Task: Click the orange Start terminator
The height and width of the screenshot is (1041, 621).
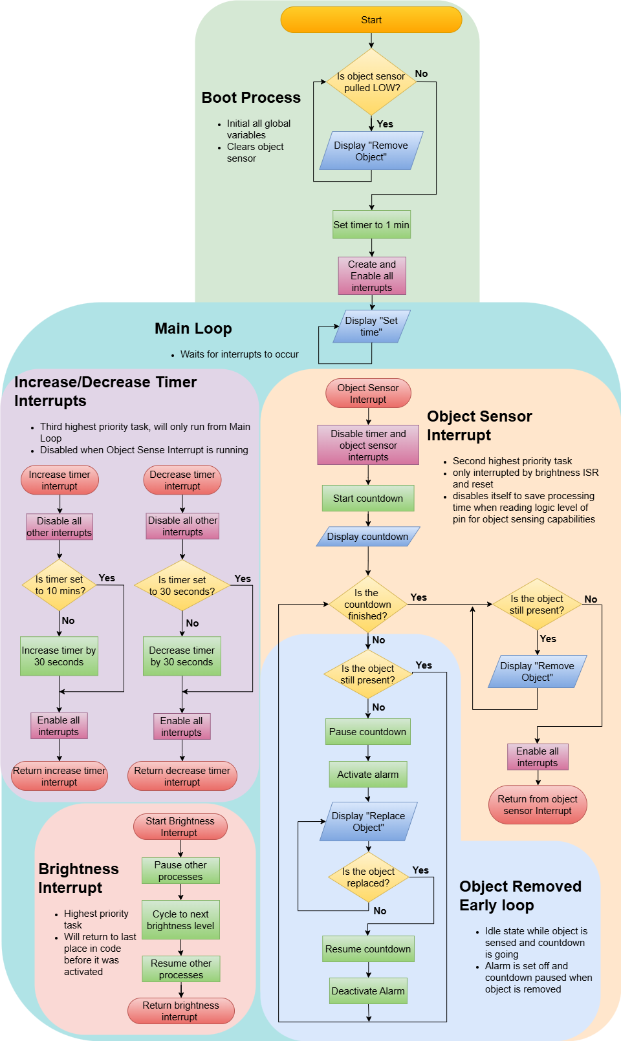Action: pos(371,20)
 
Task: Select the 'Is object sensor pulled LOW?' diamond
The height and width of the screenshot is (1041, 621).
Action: pos(371,82)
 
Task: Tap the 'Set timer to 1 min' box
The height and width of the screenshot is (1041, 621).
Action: pos(371,225)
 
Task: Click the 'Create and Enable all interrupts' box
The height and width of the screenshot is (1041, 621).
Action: pos(372,276)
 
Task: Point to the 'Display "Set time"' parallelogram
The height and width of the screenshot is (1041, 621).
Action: pos(371,327)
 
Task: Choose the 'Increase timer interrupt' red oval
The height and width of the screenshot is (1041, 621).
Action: pos(60,480)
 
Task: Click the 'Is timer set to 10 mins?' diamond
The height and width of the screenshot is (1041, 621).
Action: pos(60,585)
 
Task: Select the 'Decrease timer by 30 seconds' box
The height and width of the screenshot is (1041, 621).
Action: pos(182,656)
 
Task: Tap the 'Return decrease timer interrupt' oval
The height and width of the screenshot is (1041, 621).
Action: pos(182,777)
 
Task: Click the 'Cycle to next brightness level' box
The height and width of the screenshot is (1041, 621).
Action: pos(180,920)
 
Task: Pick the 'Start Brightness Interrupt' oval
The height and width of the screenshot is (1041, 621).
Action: pos(180,827)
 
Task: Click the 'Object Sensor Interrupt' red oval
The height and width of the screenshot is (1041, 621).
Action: pos(368,394)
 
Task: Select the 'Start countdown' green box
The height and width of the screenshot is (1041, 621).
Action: pos(368,499)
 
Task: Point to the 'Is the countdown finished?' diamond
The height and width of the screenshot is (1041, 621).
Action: pos(367,605)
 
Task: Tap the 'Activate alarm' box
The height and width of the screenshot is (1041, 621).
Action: pos(368,775)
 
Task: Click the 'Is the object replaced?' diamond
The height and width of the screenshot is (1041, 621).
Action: pos(368,877)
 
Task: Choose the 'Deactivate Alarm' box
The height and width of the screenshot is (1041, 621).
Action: pos(368,991)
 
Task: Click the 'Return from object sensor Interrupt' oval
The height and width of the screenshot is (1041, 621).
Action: pos(538,805)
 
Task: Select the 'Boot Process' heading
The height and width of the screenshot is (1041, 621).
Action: pos(251,98)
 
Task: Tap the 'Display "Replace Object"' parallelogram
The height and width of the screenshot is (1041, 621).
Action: pos(368,822)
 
